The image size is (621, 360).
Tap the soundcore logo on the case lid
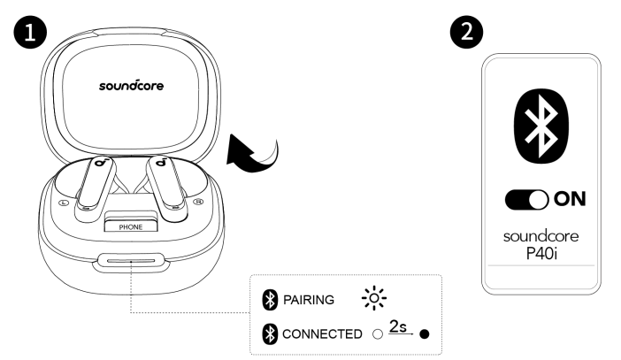130,88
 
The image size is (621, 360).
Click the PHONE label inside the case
130,227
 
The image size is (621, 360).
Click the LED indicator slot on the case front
130,263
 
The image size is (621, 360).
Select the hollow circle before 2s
377,334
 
